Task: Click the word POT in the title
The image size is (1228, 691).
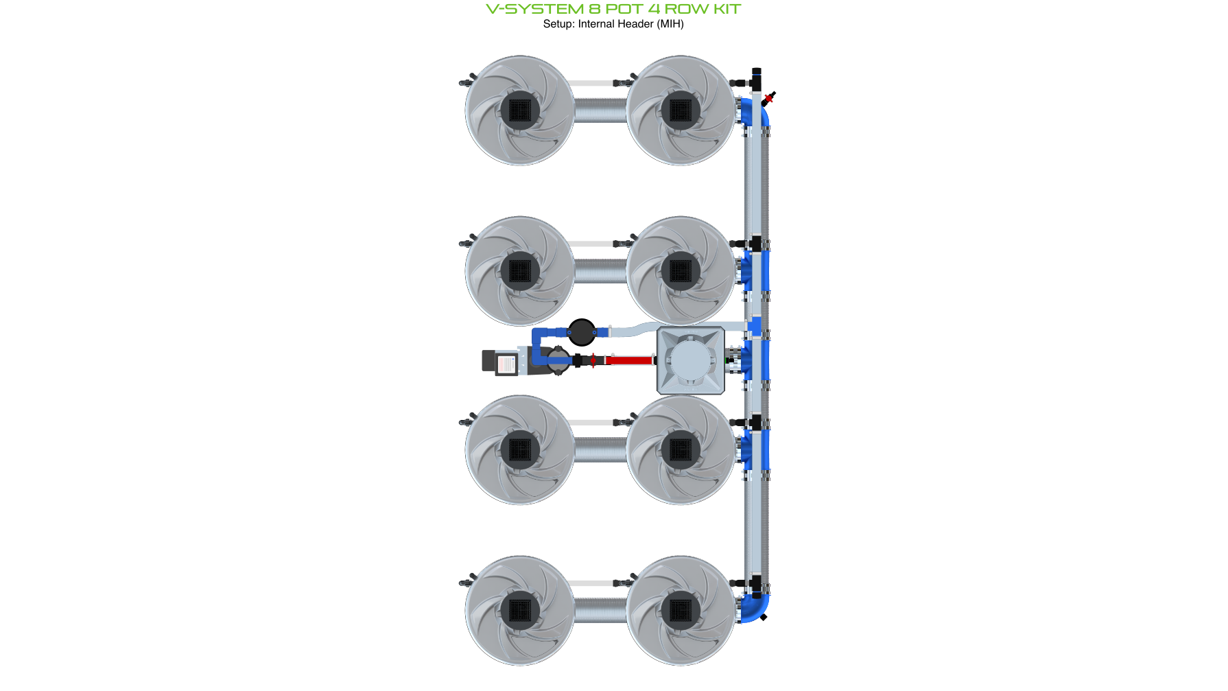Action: [x=623, y=9]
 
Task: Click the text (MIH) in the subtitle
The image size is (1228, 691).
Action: [x=670, y=24]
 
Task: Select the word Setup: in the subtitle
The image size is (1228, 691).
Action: [x=558, y=24]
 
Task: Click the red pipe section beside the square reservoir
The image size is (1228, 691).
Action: [x=629, y=360]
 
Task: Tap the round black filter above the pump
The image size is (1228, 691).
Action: [x=582, y=332]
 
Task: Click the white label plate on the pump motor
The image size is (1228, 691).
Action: [x=506, y=363]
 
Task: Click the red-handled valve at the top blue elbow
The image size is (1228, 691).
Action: [x=768, y=98]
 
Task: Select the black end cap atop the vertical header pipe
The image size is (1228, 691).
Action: [x=756, y=71]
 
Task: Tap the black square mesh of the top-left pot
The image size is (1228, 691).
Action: [x=519, y=110]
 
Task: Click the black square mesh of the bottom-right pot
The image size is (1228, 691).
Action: [x=680, y=610]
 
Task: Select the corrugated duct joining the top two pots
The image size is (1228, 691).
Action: [x=600, y=110]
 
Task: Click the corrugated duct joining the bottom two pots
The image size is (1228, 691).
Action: [x=600, y=610]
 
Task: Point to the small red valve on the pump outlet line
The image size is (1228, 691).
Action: [x=593, y=360]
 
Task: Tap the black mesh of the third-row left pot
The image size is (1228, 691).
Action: [x=519, y=449]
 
